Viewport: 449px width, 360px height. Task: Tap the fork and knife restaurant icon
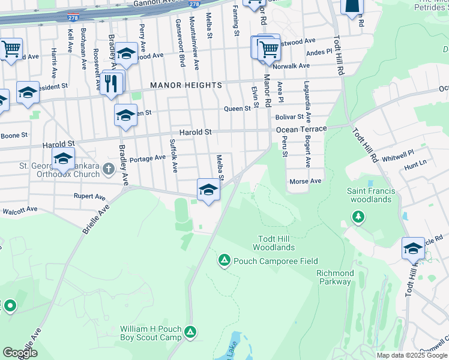coord(110,83)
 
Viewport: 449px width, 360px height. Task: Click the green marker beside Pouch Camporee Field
coord(224,260)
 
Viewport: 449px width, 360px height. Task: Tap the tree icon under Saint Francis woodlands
coord(358,216)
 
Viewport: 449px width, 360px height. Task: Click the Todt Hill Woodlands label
coord(274,243)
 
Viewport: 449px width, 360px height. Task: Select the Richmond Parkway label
coord(334,277)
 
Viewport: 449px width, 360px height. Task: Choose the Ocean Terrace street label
coord(301,129)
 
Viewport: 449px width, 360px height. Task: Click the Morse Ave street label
coord(306,181)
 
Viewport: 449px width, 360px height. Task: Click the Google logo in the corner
coord(20,353)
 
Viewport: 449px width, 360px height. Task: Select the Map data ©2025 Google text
coord(411,355)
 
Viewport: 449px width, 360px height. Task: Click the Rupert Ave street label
coord(89,196)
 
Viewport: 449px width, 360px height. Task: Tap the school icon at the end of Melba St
coord(208,190)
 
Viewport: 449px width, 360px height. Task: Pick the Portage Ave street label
coord(148,158)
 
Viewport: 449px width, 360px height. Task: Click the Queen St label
coord(237,109)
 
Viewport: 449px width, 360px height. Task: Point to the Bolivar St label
coord(291,118)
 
